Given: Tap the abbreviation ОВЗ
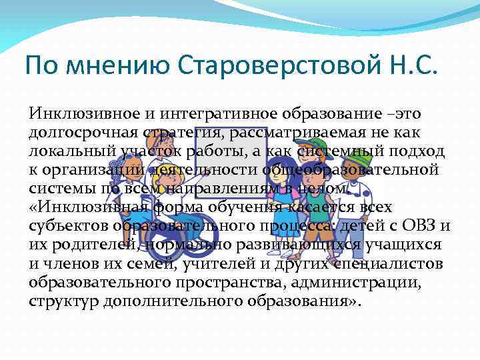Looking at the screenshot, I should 420,226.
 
